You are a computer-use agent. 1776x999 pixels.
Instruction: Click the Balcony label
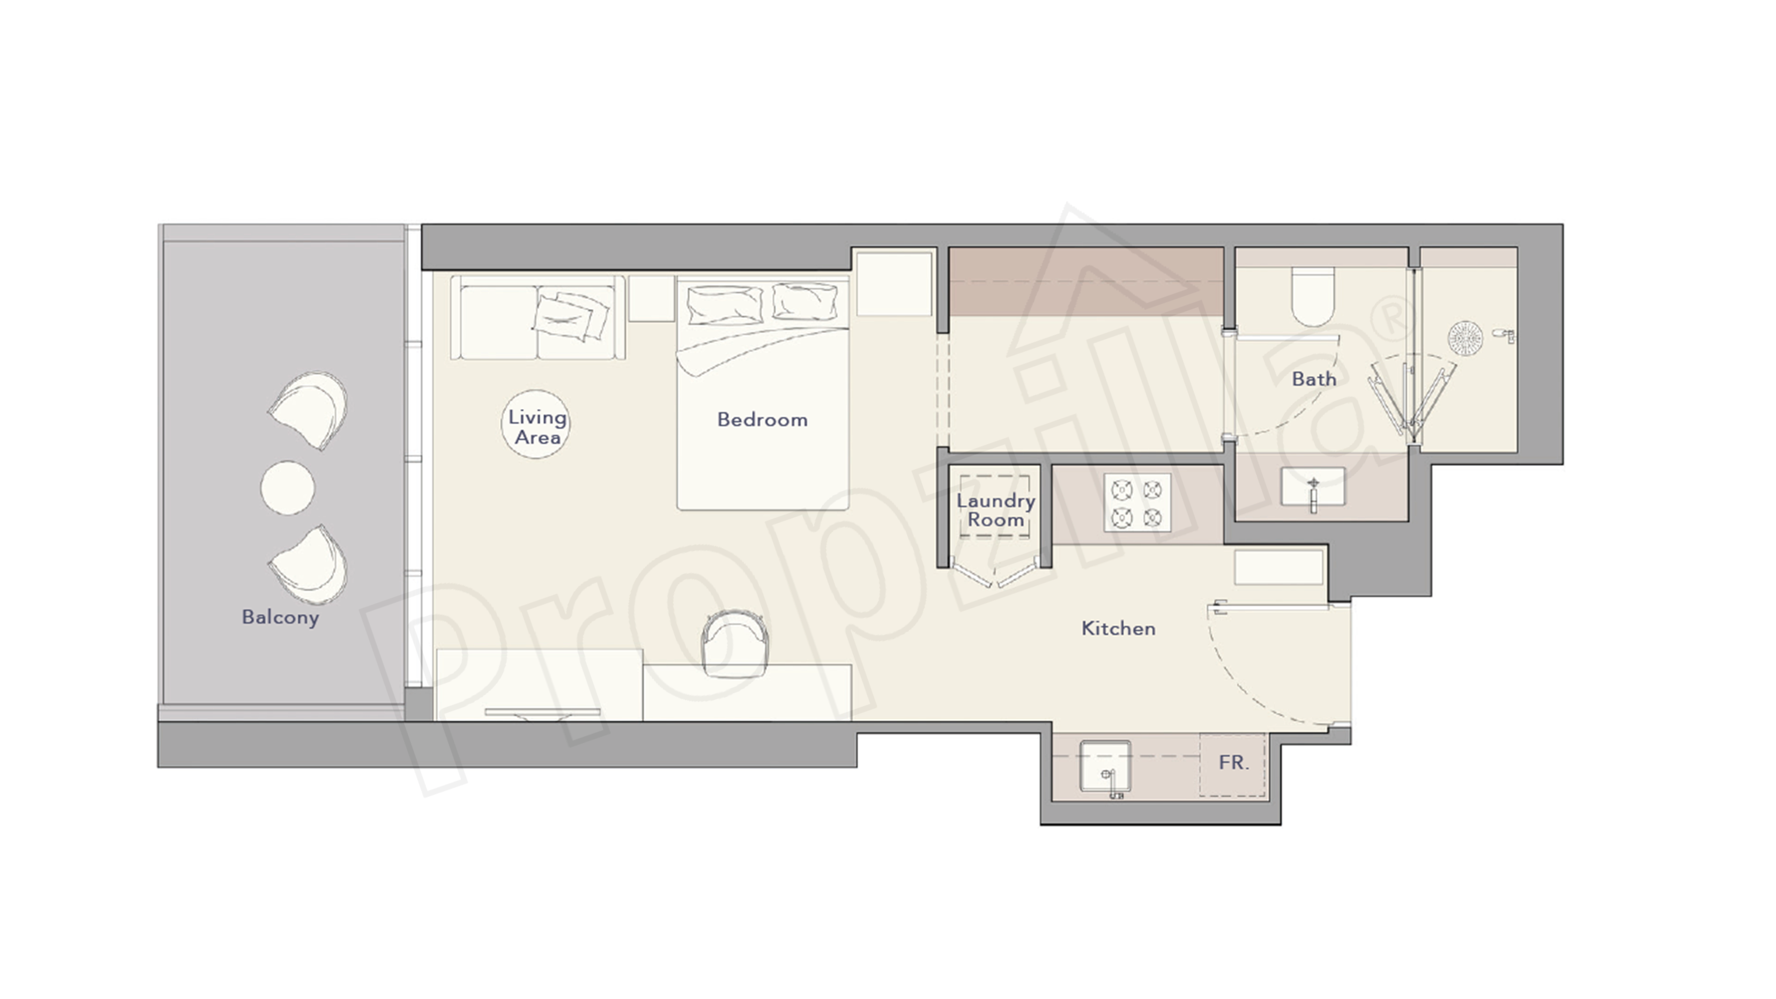(x=280, y=617)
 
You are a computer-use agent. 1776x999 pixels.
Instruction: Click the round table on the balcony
(x=287, y=488)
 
